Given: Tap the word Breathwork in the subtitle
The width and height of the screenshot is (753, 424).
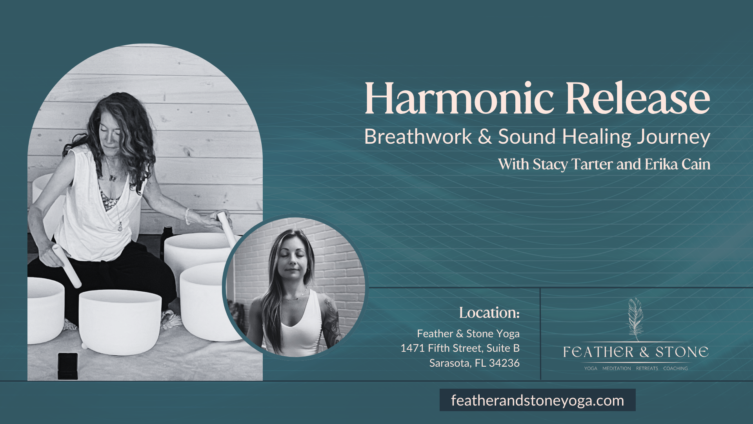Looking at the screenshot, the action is click(x=418, y=137).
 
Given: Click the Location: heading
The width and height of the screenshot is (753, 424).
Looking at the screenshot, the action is click(x=489, y=313).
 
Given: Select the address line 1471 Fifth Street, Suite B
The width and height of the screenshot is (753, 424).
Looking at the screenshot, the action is click(x=460, y=348).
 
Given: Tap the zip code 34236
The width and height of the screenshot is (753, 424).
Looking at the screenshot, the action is click(x=504, y=363).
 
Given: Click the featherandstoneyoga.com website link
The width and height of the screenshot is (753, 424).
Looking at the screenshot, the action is click(x=537, y=400).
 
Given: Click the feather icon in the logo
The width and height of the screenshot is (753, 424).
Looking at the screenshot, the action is click(x=635, y=318).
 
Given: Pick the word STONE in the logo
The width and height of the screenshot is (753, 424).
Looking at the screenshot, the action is click(x=682, y=352).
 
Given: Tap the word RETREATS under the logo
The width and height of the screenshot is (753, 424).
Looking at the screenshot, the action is click(x=647, y=368).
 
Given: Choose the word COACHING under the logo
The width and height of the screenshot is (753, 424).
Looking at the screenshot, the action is click(x=675, y=368).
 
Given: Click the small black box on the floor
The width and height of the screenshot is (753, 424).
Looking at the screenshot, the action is click(x=67, y=366).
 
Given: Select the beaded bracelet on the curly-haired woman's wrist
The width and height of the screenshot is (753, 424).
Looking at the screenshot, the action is click(x=187, y=216).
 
